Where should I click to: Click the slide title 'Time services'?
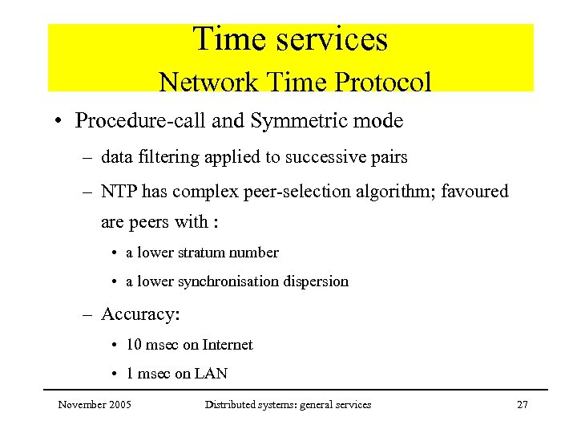290,40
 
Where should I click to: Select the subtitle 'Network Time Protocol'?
295,82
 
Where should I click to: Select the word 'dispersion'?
319,281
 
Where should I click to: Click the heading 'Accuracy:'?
140,314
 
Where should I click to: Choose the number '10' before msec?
135,345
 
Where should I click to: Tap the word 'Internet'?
228,345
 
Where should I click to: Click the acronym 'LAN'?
212,374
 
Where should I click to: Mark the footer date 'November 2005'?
95,405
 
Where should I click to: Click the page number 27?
522,405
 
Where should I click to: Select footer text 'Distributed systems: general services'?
288,405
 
